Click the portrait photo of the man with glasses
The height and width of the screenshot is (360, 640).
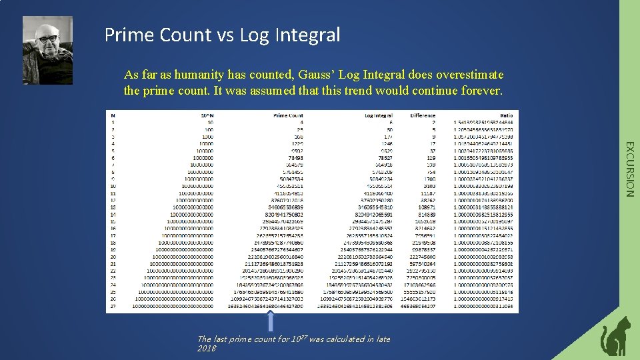click(47, 41)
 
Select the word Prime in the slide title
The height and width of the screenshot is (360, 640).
click(127, 34)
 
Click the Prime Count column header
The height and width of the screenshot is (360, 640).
click(288, 115)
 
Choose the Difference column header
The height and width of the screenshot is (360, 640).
click(423, 115)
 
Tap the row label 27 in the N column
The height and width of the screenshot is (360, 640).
click(113, 307)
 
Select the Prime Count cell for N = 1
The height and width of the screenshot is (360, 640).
click(301, 123)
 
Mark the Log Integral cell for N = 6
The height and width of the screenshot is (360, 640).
click(381, 158)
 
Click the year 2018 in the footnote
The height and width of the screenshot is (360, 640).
click(207, 348)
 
